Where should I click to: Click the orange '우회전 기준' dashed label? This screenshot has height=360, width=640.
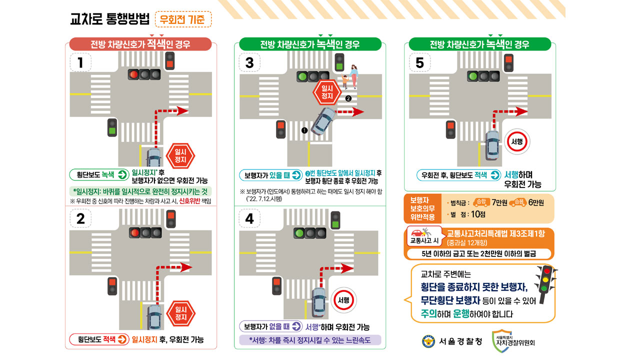point(183,19)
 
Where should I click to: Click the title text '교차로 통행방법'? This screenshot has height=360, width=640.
point(110,19)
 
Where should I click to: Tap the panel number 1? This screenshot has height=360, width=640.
point(80,62)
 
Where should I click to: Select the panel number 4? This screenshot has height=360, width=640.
point(249,219)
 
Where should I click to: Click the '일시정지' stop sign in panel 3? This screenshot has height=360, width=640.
point(327,92)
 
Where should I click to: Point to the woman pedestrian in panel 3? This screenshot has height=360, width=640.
point(353,76)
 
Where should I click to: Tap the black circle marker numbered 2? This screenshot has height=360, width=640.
point(348,98)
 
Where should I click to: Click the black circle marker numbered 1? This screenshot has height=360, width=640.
point(304,130)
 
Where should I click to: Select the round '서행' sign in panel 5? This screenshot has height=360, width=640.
point(517,141)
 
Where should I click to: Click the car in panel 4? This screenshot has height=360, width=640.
point(319,302)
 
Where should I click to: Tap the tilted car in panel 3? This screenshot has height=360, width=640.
point(323,121)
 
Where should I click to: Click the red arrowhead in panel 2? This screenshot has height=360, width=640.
point(186,267)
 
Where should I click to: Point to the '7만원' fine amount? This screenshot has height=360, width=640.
point(499,202)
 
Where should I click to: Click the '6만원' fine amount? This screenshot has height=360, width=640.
point(536,202)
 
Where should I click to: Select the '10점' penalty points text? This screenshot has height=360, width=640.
point(478,214)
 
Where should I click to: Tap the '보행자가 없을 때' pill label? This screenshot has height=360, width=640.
point(271,326)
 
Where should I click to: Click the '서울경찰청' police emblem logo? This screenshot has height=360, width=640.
point(428,341)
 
